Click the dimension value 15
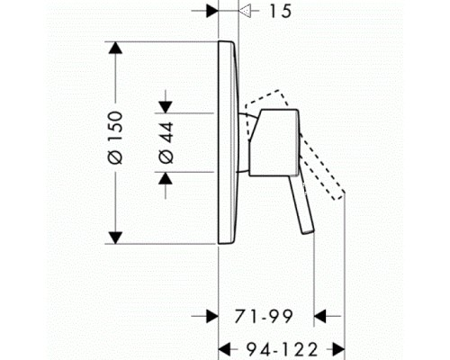tap(281, 12)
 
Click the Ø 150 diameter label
tap(115, 138)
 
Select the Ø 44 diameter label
tap(166, 142)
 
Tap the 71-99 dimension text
tap(264, 316)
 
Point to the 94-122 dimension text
tap(282, 349)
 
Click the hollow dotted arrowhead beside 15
tap(245, 11)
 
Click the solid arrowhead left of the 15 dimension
tap(212, 11)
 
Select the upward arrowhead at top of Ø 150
tap(115, 48)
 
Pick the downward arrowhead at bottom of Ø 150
tap(115, 238)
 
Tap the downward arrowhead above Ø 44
tap(166, 107)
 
